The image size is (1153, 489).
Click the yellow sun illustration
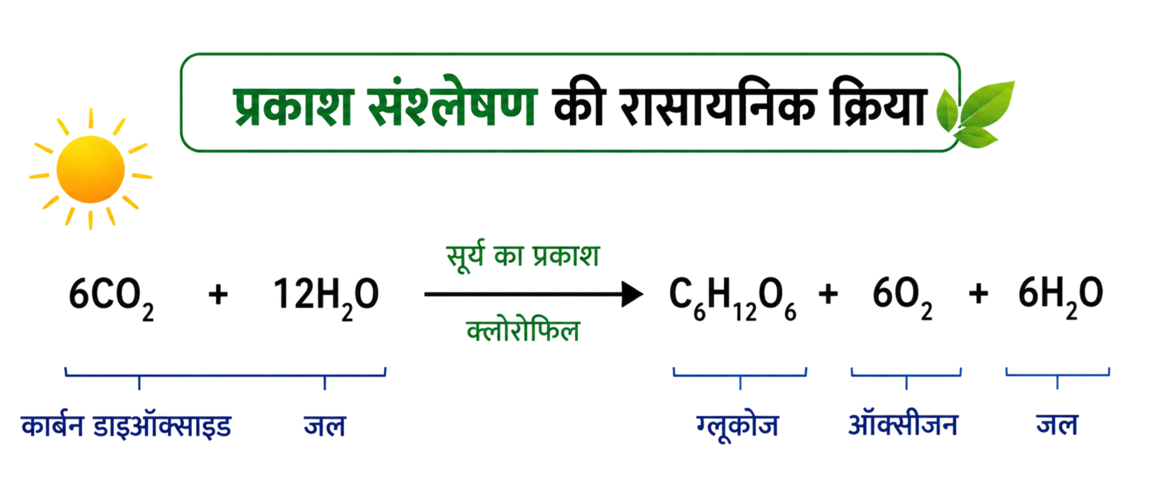pos(91,169)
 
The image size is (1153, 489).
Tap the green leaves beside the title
pos(975,115)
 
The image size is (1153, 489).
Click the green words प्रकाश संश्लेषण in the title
pos(384,102)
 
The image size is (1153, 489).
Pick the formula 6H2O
pos(1061,298)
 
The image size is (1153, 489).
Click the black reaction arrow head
pos(632,294)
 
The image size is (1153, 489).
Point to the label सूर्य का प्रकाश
pos(522,256)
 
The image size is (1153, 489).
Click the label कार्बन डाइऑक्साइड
pos(126,426)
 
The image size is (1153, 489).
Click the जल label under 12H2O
pos(325,426)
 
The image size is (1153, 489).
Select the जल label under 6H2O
pos(1057,425)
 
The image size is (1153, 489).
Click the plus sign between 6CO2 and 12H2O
pos(218,295)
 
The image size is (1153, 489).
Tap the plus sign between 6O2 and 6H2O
pos(978,294)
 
